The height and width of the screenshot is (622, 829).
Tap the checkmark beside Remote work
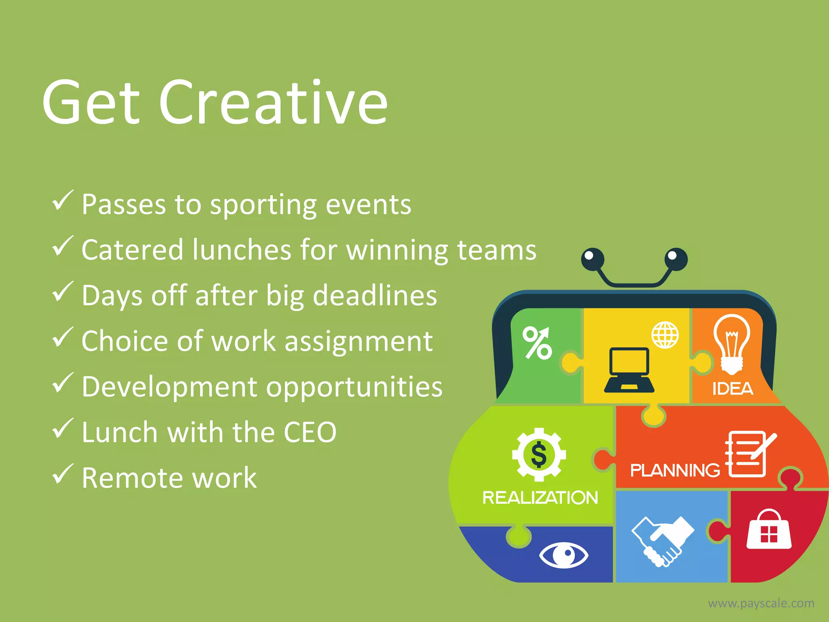click(x=63, y=474)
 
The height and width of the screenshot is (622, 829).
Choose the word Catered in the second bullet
click(x=132, y=250)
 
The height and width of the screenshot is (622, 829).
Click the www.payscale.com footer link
click(x=761, y=603)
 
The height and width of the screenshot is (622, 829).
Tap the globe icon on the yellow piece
click(x=665, y=335)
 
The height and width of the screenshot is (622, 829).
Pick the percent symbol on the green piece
click(x=537, y=343)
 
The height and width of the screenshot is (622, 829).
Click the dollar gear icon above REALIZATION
click(x=539, y=454)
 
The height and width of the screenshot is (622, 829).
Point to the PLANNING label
click(x=675, y=471)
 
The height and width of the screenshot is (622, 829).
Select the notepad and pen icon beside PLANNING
click(x=748, y=454)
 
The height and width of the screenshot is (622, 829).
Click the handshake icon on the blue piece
click(x=662, y=541)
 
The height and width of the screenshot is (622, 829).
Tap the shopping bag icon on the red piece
click(x=768, y=530)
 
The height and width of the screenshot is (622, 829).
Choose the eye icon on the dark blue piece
click(x=563, y=554)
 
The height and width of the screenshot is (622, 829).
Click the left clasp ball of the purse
click(x=593, y=259)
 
